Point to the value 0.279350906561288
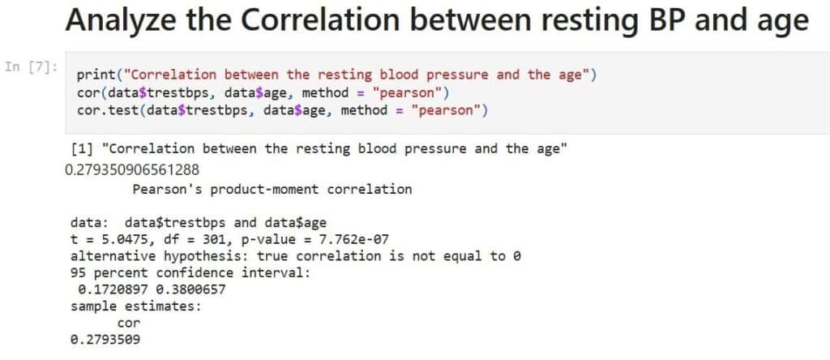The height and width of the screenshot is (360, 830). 132,170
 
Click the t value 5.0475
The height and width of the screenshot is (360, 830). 120,240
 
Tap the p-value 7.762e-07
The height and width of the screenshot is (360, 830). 353,240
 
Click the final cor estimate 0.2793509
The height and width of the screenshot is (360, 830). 105,340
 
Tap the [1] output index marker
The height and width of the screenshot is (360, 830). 82,148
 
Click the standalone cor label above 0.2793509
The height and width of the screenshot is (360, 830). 129,323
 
